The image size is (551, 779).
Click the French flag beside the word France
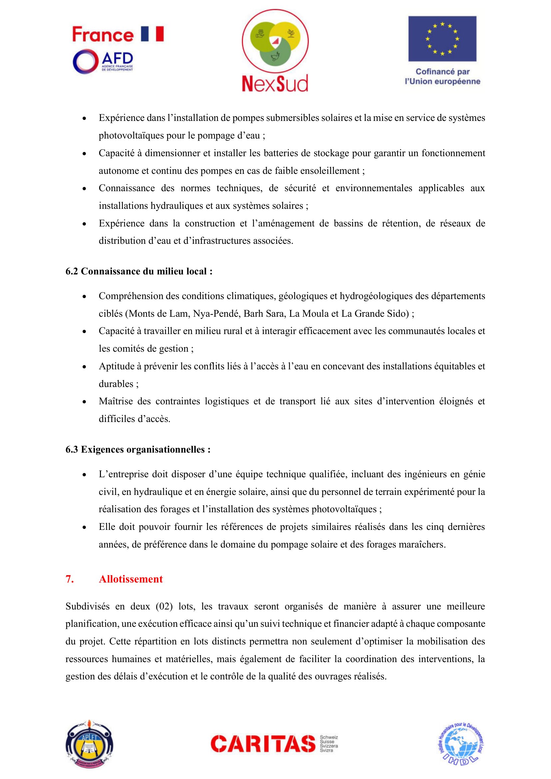(152, 34)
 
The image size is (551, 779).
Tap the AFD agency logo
(103, 61)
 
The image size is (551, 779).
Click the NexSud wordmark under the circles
(275, 84)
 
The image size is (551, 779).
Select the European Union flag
(442, 38)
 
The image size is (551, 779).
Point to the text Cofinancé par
(442, 72)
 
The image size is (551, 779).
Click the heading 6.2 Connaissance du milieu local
(139, 271)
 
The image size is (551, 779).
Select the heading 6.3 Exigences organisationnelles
(138, 450)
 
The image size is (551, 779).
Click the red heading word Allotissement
(131, 579)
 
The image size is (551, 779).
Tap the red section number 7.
(70, 579)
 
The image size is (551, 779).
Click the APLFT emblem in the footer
(89, 744)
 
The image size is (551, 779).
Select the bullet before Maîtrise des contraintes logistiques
(85, 402)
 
